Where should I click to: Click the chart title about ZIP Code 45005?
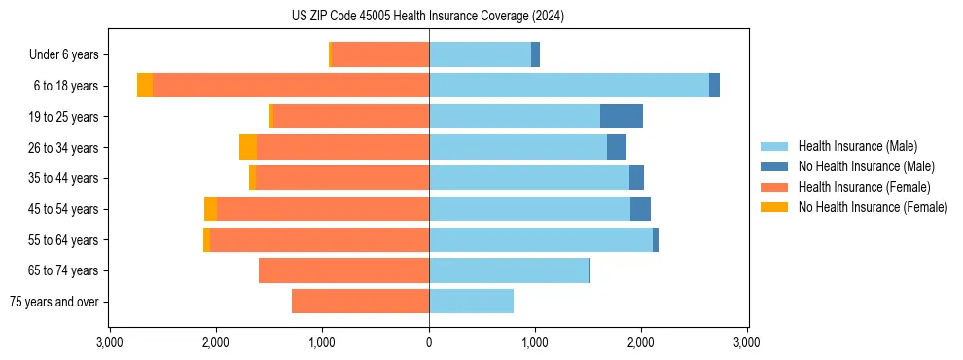tap(428, 17)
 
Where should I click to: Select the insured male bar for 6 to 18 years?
tap(569, 86)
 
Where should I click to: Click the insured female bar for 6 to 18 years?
tap(291, 86)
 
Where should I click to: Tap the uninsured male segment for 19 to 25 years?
tap(622, 117)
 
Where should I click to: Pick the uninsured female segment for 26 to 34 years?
tap(248, 147)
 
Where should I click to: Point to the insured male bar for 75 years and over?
tap(471, 302)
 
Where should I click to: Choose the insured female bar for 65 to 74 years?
tap(343, 270)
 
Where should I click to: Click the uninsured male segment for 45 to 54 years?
tap(640, 209)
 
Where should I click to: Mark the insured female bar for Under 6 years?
tap(380, 54)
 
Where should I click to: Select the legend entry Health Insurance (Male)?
tap(857, 146)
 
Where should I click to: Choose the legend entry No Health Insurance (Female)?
tap(873, 207)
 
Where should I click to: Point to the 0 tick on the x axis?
tap(429, 342)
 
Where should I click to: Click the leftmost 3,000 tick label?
tap(110, 342)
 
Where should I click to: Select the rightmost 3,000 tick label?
tap(746, 342)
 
